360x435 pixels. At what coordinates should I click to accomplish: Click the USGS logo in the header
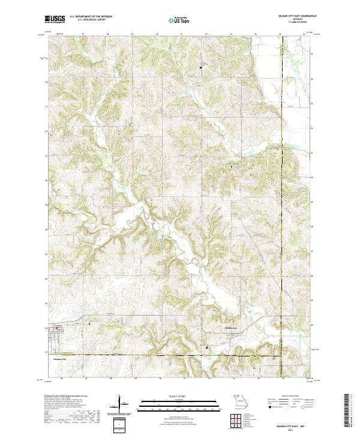click(55, 19)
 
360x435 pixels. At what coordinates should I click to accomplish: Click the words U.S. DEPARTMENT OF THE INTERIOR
click(91, 17)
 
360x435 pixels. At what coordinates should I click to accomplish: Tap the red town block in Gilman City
click(58, 328)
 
